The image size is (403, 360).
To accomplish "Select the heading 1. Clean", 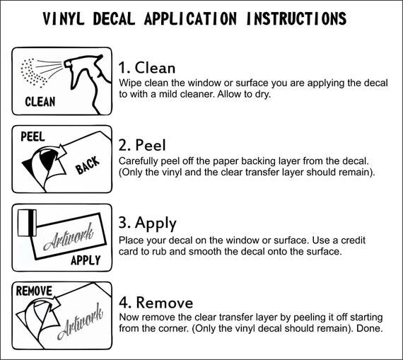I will [147, 68].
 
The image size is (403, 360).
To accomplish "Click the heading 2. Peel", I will [143, 146].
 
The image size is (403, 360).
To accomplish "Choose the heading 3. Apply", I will [148, 223].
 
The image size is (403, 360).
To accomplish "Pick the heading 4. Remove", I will [156, 301].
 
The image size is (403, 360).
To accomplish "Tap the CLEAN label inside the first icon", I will [40, 102].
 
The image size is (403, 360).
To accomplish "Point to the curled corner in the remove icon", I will [35, 314].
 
